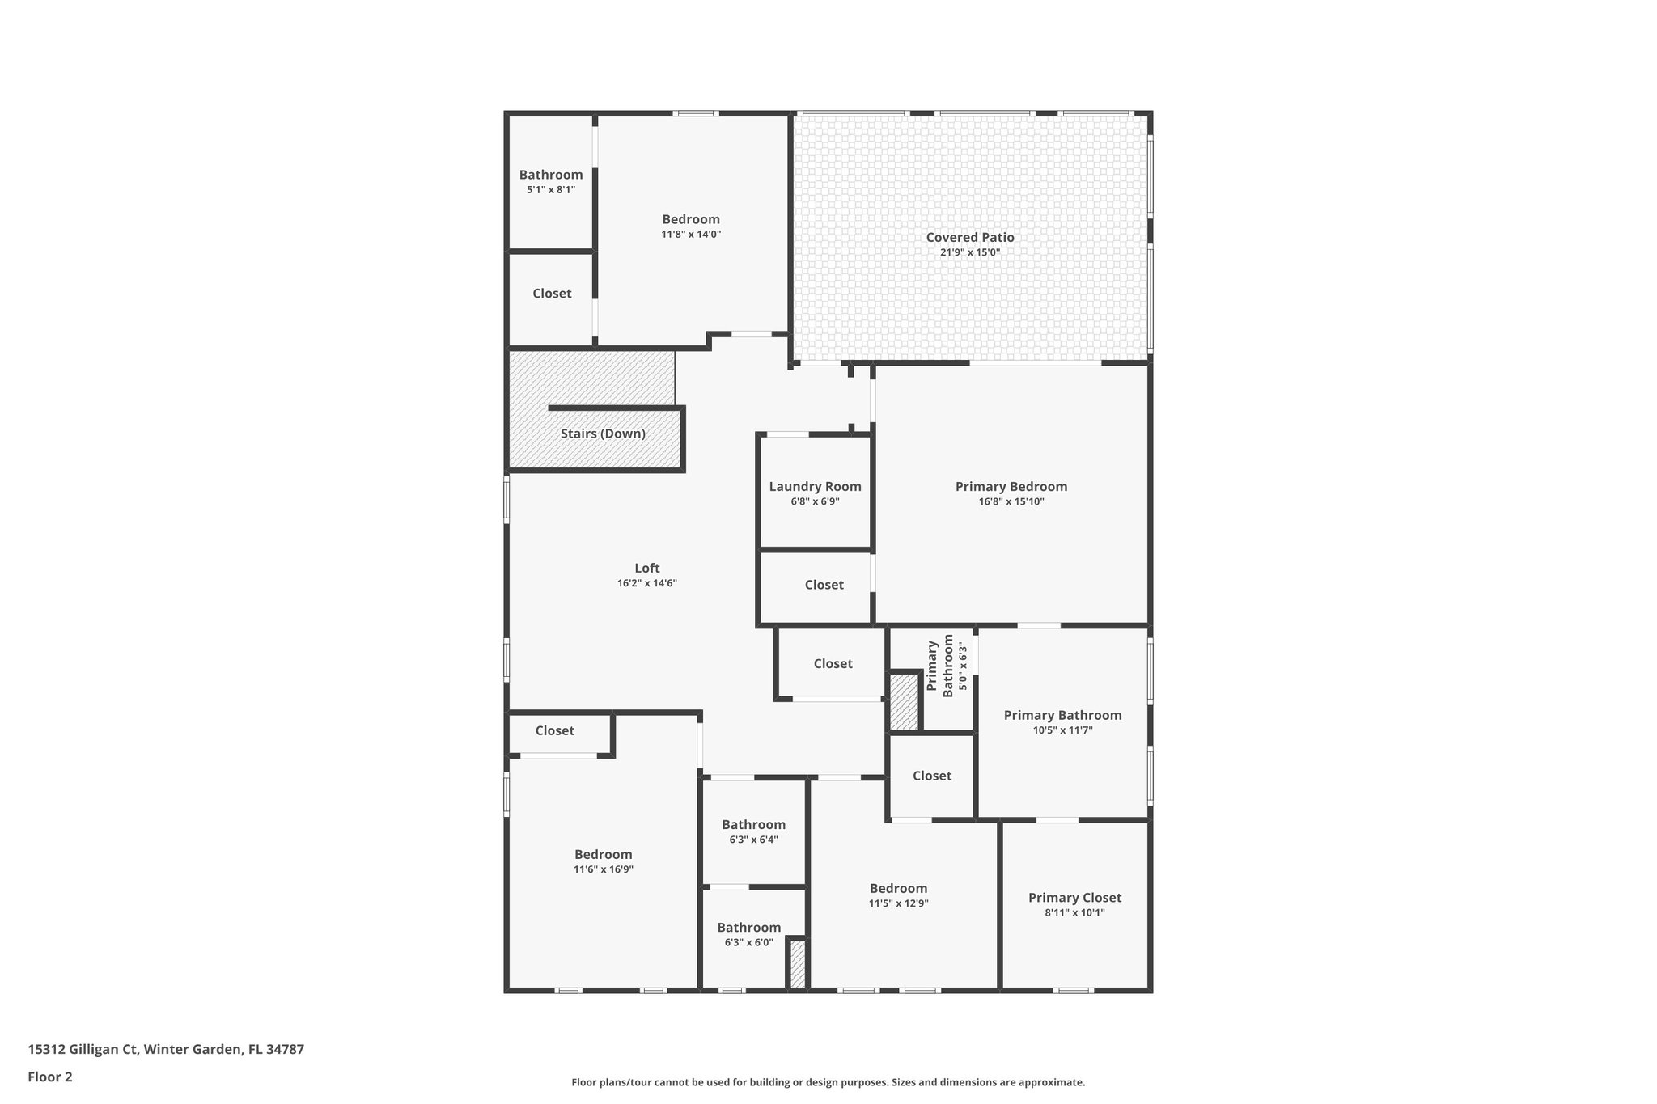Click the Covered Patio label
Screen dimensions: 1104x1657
tap(969, 237)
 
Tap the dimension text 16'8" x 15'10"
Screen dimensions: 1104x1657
tap(1011, 501)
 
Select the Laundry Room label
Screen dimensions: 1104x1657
tap(815, 486)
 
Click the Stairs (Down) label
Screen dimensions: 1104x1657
tap(603, 434)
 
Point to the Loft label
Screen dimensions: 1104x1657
tap(646, 568)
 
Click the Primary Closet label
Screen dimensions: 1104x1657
tap(1074, 897)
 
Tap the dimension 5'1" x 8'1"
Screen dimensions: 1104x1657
tap(550, 189)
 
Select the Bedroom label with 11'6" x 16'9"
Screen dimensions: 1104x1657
tap(603, 854)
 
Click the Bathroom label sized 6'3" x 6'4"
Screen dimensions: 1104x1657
tap(753, 824)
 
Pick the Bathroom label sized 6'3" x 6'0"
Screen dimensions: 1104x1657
tap(748, 927)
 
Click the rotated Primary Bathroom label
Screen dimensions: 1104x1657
tap(939, 666)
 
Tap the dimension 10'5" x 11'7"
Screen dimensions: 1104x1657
tap(1062, 730)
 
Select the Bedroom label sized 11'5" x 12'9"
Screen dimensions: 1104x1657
tap(898, 888)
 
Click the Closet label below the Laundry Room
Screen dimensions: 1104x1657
tap(824, 585)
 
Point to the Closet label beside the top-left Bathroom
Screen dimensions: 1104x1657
tap(552, 294)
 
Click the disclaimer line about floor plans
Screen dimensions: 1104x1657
tap(828, 1082)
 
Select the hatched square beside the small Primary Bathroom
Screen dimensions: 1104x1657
tap(904, 701)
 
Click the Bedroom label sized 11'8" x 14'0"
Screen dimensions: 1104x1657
tap(690, 219)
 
